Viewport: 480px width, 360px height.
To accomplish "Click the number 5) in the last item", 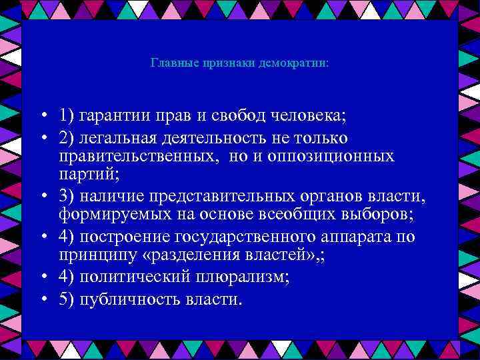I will [x=66, y=299].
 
